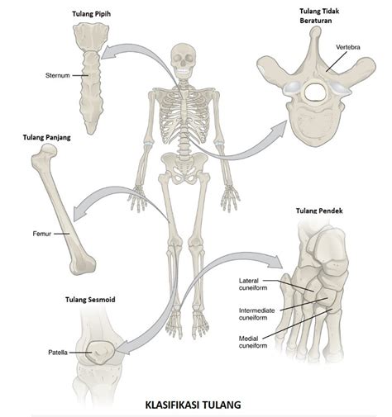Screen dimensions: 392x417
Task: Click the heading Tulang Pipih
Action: pos(91,14)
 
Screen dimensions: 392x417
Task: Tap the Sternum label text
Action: pos(58,75)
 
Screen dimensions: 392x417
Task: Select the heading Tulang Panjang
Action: pos(46,137)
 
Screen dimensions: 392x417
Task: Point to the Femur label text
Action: pos(42,234)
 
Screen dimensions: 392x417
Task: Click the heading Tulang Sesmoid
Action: pos(90,300)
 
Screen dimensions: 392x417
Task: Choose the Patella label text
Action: pos(58,353)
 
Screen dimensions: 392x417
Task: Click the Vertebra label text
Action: pos(348,47)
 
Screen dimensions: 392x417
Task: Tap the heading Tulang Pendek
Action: pos(319,211)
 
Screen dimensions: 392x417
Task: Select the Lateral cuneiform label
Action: pos(253,284)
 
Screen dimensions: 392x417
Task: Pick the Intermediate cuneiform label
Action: pos(256,314)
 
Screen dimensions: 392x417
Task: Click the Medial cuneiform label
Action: pos(253,342)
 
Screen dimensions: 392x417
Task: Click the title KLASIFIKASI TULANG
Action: pos(193,405)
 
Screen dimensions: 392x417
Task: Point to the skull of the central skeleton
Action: pos(184,61)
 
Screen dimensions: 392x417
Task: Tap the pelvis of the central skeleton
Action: pos(184,168)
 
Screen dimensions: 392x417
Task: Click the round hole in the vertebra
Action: pos(315,92)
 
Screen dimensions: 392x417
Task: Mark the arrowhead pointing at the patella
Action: pos(123,348)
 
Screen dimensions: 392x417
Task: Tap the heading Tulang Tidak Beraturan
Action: pos(319,16)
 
